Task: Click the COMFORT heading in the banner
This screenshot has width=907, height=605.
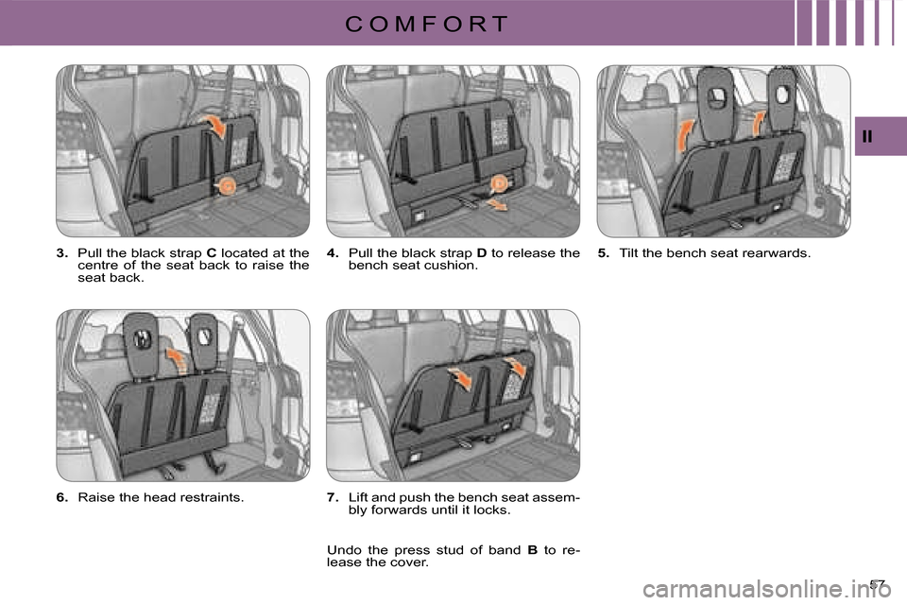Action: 426,24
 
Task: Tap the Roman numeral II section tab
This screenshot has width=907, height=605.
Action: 866,137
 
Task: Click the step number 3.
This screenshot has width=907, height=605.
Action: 62,253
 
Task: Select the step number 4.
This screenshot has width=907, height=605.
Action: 333,253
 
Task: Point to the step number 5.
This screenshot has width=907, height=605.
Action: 604,253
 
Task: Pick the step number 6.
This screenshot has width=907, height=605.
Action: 62,497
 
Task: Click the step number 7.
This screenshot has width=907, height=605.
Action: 333,497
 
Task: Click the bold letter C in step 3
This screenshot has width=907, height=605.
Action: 211,253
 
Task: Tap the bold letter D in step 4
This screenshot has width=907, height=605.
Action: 481,253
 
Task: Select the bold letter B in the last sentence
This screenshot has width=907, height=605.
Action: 532,550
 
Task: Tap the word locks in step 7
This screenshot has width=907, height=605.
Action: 493,510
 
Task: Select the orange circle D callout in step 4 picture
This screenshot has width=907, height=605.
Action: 498,184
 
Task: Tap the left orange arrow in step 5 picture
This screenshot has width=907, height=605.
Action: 685,135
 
